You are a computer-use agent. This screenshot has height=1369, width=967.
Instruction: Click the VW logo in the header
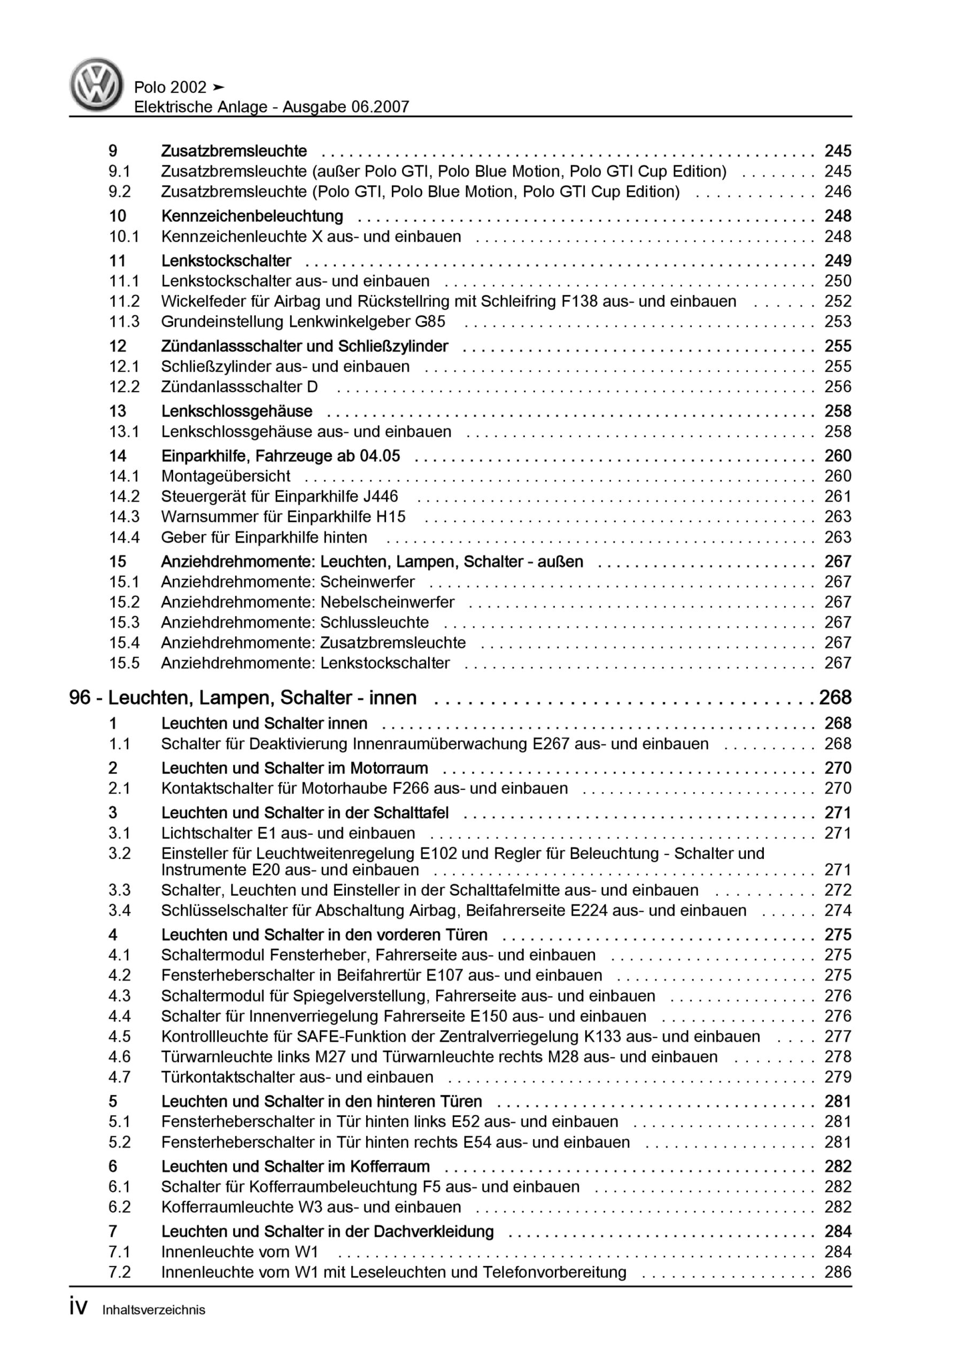point(96,84)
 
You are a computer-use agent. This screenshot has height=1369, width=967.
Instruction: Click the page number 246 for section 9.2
point(838,191)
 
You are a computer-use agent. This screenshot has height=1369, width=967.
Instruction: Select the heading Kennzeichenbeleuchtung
point(252,216)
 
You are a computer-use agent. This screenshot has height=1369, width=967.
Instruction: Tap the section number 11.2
point(124,301)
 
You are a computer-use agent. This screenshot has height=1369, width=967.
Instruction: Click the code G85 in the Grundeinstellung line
point(430,321)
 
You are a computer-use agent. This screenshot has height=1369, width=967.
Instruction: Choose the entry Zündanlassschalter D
point(239,387)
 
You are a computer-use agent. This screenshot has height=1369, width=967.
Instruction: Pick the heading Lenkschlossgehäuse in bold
point(237,411)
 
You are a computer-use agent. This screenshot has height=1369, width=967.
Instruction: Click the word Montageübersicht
point(226,476)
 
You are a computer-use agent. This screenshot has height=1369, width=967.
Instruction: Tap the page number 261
point(838,496)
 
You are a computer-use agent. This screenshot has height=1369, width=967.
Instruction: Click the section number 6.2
point(119,1207)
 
